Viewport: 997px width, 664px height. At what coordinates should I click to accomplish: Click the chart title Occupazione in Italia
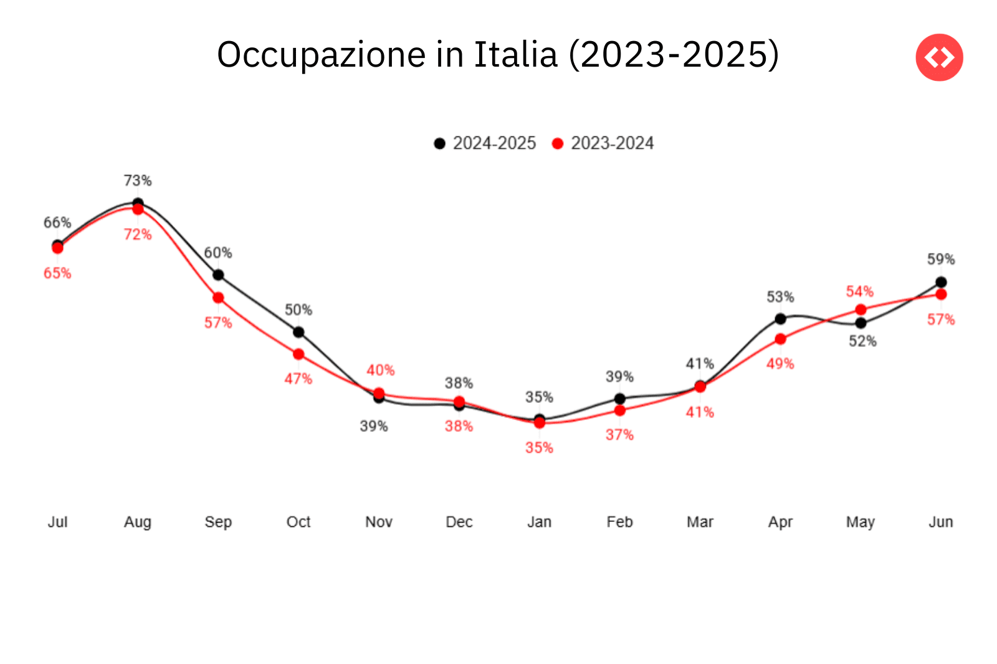pos(497,55)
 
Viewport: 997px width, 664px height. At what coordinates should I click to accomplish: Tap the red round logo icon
pos(939,57)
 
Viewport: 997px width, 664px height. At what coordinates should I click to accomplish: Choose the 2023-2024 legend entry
pos(603,143)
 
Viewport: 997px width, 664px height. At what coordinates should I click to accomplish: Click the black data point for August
pos(138,203)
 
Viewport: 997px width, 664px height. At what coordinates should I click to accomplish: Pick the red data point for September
pos(218,298)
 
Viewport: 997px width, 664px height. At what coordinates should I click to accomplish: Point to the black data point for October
pos(298,332)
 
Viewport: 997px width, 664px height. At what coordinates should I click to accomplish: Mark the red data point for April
pos(780,339)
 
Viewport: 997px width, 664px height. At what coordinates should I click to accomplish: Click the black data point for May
pos(861,323)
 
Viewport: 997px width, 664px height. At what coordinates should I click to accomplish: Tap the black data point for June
pos(941,282)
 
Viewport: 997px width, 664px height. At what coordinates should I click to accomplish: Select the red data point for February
pos(619,410)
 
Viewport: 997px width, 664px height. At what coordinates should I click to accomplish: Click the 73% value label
pos(138,181)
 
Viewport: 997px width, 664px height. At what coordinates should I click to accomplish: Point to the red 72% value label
pos(138,234)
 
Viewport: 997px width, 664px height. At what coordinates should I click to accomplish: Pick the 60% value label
pos(218,253)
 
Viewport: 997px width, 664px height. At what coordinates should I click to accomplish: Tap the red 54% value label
pos(860,292)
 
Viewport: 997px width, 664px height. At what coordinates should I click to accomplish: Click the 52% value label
pos(862,341)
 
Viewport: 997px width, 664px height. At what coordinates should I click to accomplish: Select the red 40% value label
pos(380,371)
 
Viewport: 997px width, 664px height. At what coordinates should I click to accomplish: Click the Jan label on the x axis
pos(539,522)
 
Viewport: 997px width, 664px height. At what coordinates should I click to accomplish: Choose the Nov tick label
pos(379,522)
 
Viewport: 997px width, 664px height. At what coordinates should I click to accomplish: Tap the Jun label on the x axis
pos(941,522)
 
